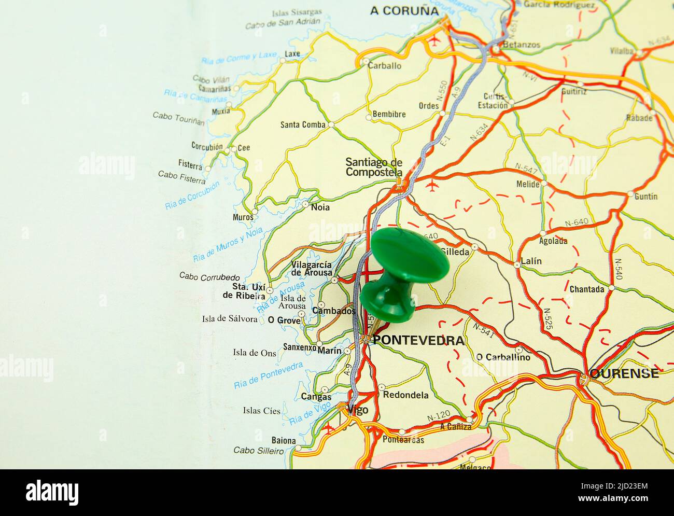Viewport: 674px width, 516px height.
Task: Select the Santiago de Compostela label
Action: click(x=374, y=167)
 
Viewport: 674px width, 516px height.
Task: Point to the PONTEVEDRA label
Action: click(x=418, y=341)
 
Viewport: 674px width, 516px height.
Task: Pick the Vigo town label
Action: click(x=358, y=410)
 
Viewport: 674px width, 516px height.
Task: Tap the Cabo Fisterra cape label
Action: click(x=181, y=177)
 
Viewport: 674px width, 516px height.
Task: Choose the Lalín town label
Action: click(x=531, y=261)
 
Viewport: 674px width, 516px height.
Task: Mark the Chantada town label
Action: click(x=586, y=289)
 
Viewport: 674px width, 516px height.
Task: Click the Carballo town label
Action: click(x=385, y=66)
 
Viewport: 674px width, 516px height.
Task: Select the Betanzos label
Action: click(x=521, y=45)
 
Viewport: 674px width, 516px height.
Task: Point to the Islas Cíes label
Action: click(x=261, y=411)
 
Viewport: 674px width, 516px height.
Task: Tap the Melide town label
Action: click(x=528, y=184)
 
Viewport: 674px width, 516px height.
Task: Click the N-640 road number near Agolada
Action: click(x=576, y=222)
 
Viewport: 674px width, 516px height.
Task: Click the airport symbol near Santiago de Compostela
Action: click(x=431, y=186)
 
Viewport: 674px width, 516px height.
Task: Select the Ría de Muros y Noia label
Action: click(x=228, y=245)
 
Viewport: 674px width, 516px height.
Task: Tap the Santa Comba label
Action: click(x=303, y=124)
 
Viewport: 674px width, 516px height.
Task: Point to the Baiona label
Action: click(x=283, y=441)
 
